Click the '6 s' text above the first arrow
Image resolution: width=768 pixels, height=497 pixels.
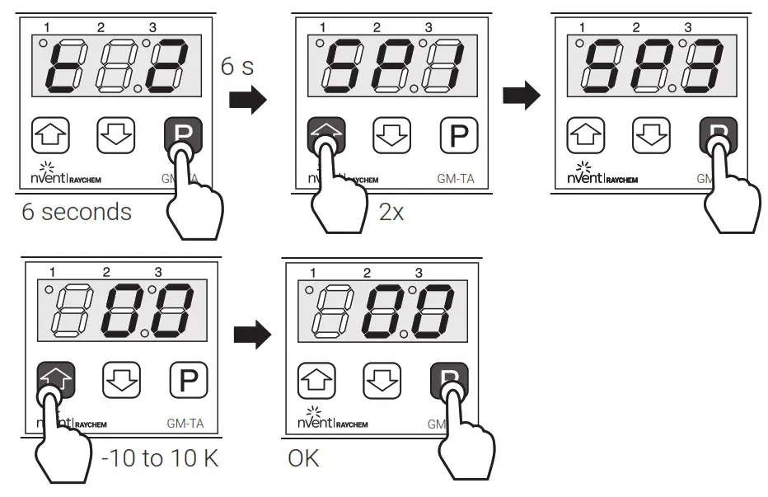click(237, 67)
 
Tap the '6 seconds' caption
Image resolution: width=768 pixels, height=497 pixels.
click(77, 212)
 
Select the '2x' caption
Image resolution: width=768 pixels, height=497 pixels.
click(391, 212)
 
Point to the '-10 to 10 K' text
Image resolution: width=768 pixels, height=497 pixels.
click(160, 458)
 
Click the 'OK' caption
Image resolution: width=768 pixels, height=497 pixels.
click(303, 458)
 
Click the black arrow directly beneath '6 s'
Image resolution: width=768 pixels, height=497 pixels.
click(247, 101)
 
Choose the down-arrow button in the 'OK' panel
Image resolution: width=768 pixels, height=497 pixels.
click(380, 381)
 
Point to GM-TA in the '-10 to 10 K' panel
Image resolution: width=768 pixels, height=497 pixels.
click(185, 424)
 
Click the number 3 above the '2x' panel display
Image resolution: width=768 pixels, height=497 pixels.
click(428, 28)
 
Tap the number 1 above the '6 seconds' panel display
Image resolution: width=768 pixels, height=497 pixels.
click(47, 28)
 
